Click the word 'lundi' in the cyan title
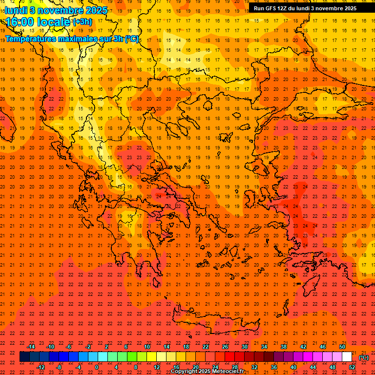coord(16,10)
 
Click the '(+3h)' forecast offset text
coord(82,22)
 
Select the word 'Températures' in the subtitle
coord(34,39)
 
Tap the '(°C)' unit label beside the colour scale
coord(364,357)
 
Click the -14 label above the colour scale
coord(31,347)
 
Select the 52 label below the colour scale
coord(352,367)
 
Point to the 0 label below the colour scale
coord(97,367)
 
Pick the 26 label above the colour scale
coord(225,347)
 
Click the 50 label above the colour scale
coord(342,347)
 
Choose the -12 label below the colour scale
coord(41,367)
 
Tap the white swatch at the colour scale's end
coord(347,357)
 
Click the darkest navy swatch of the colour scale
coord(25,357)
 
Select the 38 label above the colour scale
coord(284,347)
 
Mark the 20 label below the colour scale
coord(195,367)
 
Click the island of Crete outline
coord(215,323)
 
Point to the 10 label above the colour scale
coord(147,347)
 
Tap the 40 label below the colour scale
coord(293,367)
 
